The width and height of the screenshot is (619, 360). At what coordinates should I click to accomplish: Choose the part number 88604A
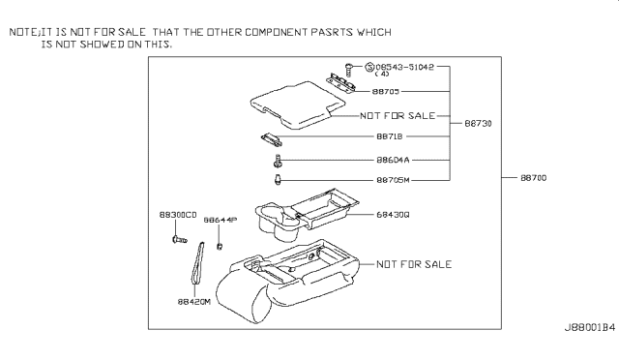click(x=392, y=160)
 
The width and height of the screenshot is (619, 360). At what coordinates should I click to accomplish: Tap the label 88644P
click(x=220, y=221)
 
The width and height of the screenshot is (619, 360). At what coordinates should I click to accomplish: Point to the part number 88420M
click(x=195, y=301)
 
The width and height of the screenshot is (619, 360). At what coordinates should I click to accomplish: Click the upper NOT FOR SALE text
click(x=397, y=114)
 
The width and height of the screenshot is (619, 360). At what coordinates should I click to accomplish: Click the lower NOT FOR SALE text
click(x=413, y=263)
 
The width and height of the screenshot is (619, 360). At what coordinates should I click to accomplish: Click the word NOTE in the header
click(x=24, y=32)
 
